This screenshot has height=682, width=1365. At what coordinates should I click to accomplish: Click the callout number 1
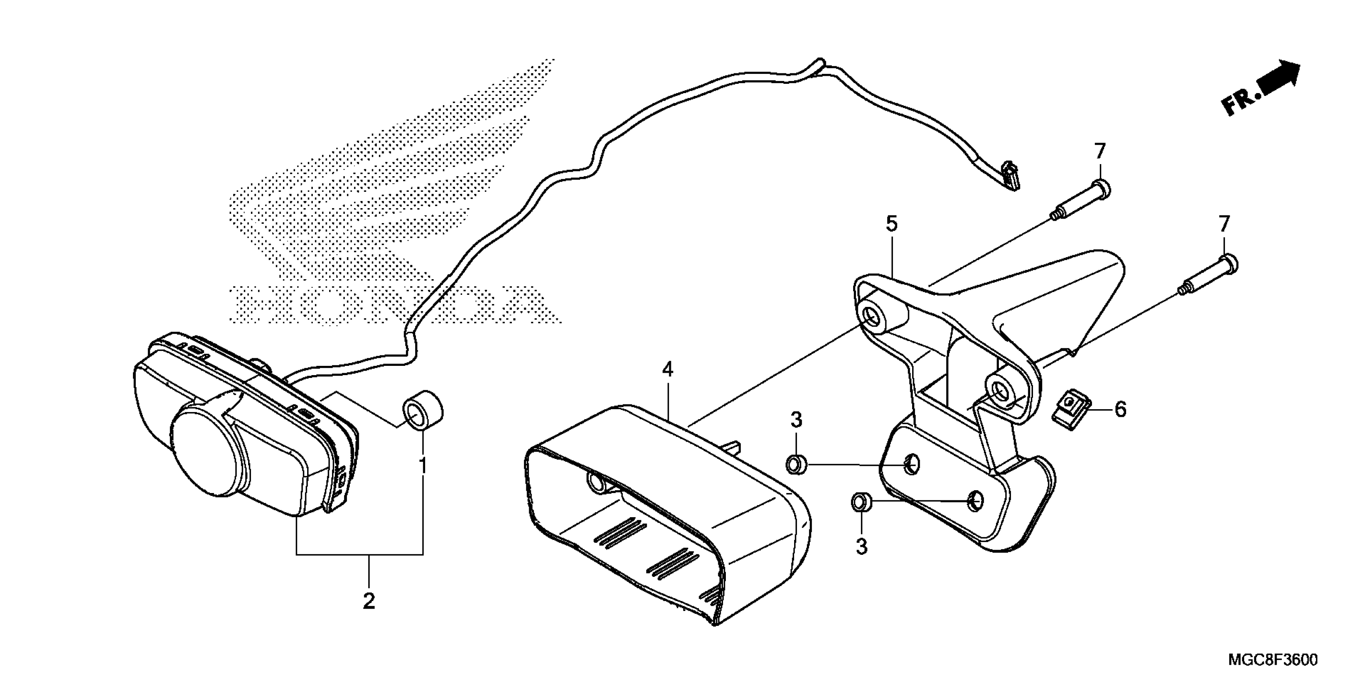pos(423,466)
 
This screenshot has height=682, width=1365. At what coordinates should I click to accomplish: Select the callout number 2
pos(369,601)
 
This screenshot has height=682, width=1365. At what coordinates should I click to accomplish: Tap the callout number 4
pos(668,369)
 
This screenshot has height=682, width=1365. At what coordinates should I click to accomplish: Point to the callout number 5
pos(892,225)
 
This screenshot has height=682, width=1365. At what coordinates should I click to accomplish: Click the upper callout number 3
pos(797,420)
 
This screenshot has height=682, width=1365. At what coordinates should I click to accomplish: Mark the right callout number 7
pos(1224,224)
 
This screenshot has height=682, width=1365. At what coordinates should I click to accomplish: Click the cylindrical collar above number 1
pos(423,409)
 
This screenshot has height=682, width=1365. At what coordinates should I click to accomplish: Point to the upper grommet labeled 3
pos(796,465)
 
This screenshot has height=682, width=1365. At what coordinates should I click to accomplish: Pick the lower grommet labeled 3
pos(862,501)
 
